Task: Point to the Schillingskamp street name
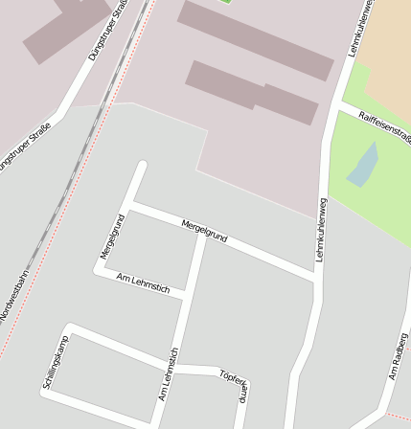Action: pos(57,362)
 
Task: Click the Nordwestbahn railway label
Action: pos(14,298)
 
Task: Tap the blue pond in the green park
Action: pos(363,165)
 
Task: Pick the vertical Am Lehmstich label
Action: pos(169,374)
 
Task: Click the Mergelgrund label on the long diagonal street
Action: pos(204,230)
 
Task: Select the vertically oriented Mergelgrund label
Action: pos(113,236)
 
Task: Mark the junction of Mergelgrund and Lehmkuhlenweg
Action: pos(315,279)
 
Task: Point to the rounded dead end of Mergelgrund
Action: pos(143,166)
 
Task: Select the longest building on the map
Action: pos(256,39)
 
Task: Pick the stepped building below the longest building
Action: pos(252,92)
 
